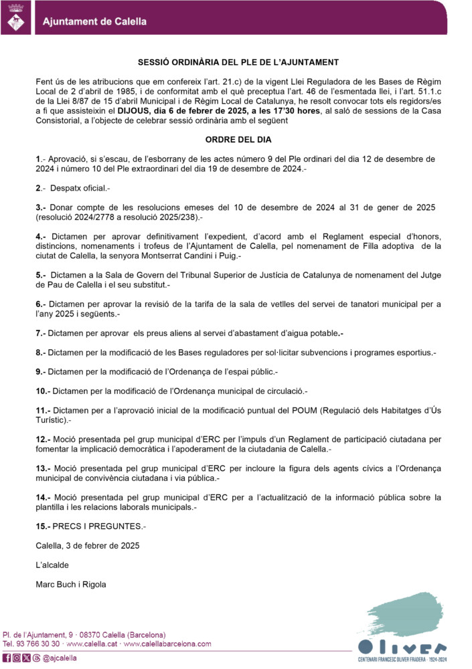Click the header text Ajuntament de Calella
[x=94, y=21]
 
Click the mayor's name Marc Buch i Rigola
[x=70, y=584]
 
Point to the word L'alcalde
[x=52, y=565]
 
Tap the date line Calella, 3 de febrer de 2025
[x=87, y=546]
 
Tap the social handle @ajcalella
[x=60, y=658]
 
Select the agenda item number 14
[x=43, y=498]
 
